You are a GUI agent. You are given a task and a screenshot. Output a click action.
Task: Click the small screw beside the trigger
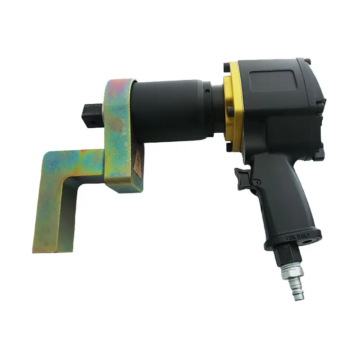pos(257,182)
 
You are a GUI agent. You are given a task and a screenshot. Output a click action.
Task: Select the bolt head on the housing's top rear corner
pos(307,61)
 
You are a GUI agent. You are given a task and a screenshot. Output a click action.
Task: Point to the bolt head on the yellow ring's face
pos(230,110)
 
